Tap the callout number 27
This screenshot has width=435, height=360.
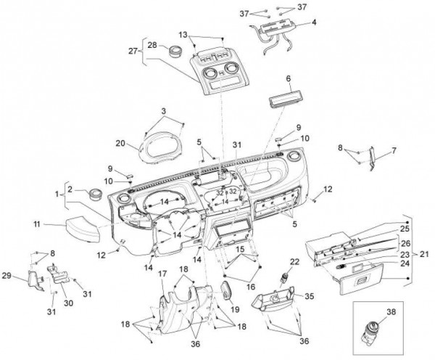coord(133,51)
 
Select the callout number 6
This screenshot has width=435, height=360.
coord(288,78)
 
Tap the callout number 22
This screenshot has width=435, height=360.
coord(295,261)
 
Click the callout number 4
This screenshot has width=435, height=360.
coord(314,23)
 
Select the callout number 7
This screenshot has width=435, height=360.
coord(394,151)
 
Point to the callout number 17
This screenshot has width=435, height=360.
coord(163,273)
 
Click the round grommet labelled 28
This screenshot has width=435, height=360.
coord(175,52)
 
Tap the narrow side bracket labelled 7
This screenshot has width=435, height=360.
coord(372,158)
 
